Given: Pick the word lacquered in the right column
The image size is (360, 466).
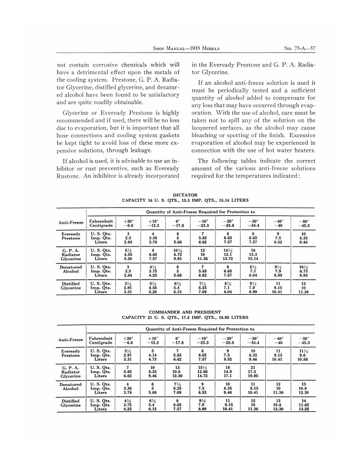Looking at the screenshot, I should click(x=209, y=125).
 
